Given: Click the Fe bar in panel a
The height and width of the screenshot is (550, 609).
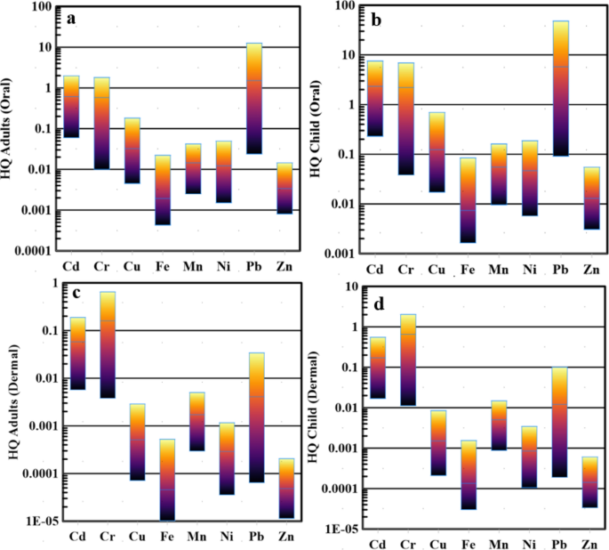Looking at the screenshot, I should pos(162,190).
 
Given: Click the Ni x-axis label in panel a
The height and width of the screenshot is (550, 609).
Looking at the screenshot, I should pos(223,266).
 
